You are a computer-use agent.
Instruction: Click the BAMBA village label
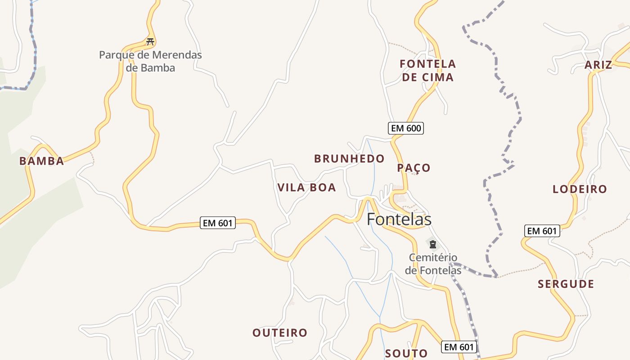pyautogui.click(x=41, y=161)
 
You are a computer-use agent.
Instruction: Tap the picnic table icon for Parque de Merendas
pyautogui.click(x=150, y=42)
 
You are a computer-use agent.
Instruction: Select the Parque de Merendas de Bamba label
pyautogui.click(x=150, y=62)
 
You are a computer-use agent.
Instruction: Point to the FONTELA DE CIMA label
pyautogui.click(x=427, y=71)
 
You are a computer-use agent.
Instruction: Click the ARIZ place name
pyautogui.click(x=598, y=65)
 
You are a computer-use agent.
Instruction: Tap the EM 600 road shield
pyautogui.click(x=406, y=128)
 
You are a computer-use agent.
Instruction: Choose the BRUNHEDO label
pyautogui.click(x=349, y=158)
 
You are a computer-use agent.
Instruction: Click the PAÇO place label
pyautogui.click(x=414, y=168)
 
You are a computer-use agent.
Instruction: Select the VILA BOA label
pyautogui.click(x=306, y=188)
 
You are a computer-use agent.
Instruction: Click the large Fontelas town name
pyautogui.click(x=399, y=219)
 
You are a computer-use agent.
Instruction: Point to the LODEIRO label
pyautogui.click(x=580, y=189)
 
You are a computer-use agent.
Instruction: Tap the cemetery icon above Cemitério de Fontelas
pyautogui.click(x=432, y=244)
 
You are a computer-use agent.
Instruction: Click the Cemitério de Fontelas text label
pyautogui.click(x=433, y=264)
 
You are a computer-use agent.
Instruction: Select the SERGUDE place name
pyautogui.click(x=566, y=284)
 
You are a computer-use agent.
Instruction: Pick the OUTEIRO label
pyautogui.click(x=279, y=333)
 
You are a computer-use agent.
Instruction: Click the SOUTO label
pyautogui.click(x=406, y=353)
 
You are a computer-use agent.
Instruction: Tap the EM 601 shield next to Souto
pyautogui.click(x=459, y=347)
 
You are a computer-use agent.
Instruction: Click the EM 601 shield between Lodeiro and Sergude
pyautogui.click(x=542, y=231)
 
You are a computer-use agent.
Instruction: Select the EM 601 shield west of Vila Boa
pyautogui.click(x=218, y=223)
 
